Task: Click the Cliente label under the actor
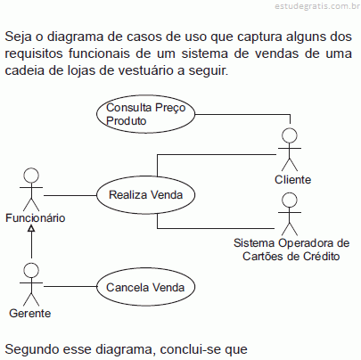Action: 292,180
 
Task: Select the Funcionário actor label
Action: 36,218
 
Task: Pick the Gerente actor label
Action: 30,314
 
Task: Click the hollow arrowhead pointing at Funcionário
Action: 31,228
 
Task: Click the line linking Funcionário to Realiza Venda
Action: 70,195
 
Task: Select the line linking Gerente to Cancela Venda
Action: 70,286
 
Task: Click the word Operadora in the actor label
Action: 307,243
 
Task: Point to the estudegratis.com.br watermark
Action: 317,6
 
